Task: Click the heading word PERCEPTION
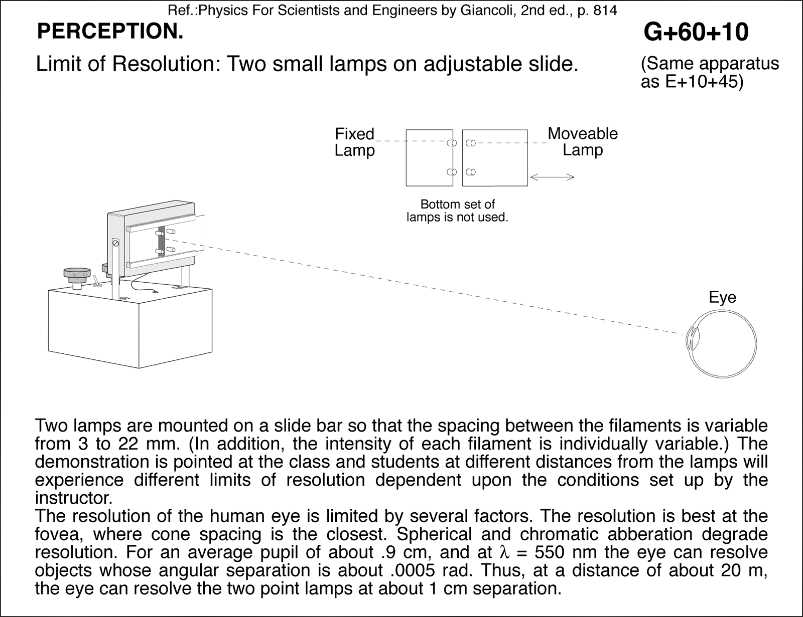click(x=110, y=32)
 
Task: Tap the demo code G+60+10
click(x=696, y=32)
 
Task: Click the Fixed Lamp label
click(x=354, y=142)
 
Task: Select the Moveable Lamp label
click(x=582, y=141)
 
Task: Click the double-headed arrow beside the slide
click(x=552, y=177)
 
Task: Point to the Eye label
click(x=722, y=297)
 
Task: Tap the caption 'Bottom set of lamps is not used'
click(x=457, y=211)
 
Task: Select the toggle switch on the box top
click(x=96, y=280)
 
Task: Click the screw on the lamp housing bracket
click(x=116, y=244)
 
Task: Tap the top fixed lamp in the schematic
click(x=451, y=143)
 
